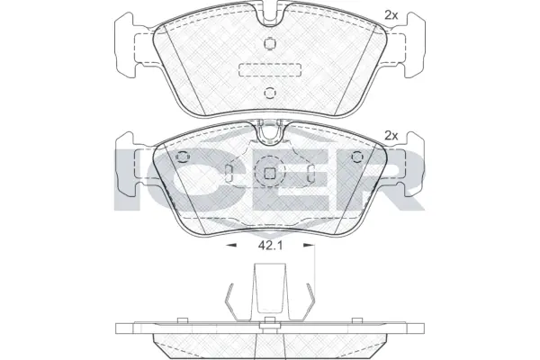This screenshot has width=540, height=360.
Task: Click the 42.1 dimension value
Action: point(269,244)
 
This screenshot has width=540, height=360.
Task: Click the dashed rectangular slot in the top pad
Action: point(269,70)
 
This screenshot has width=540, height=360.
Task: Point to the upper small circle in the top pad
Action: point(269,45)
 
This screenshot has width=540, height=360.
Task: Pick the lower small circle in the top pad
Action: point(269,94)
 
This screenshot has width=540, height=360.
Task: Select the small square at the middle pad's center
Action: point(269,174)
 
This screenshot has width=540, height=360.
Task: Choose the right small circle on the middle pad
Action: point(355,157)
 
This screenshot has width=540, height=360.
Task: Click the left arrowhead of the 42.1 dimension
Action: point(229,244)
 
